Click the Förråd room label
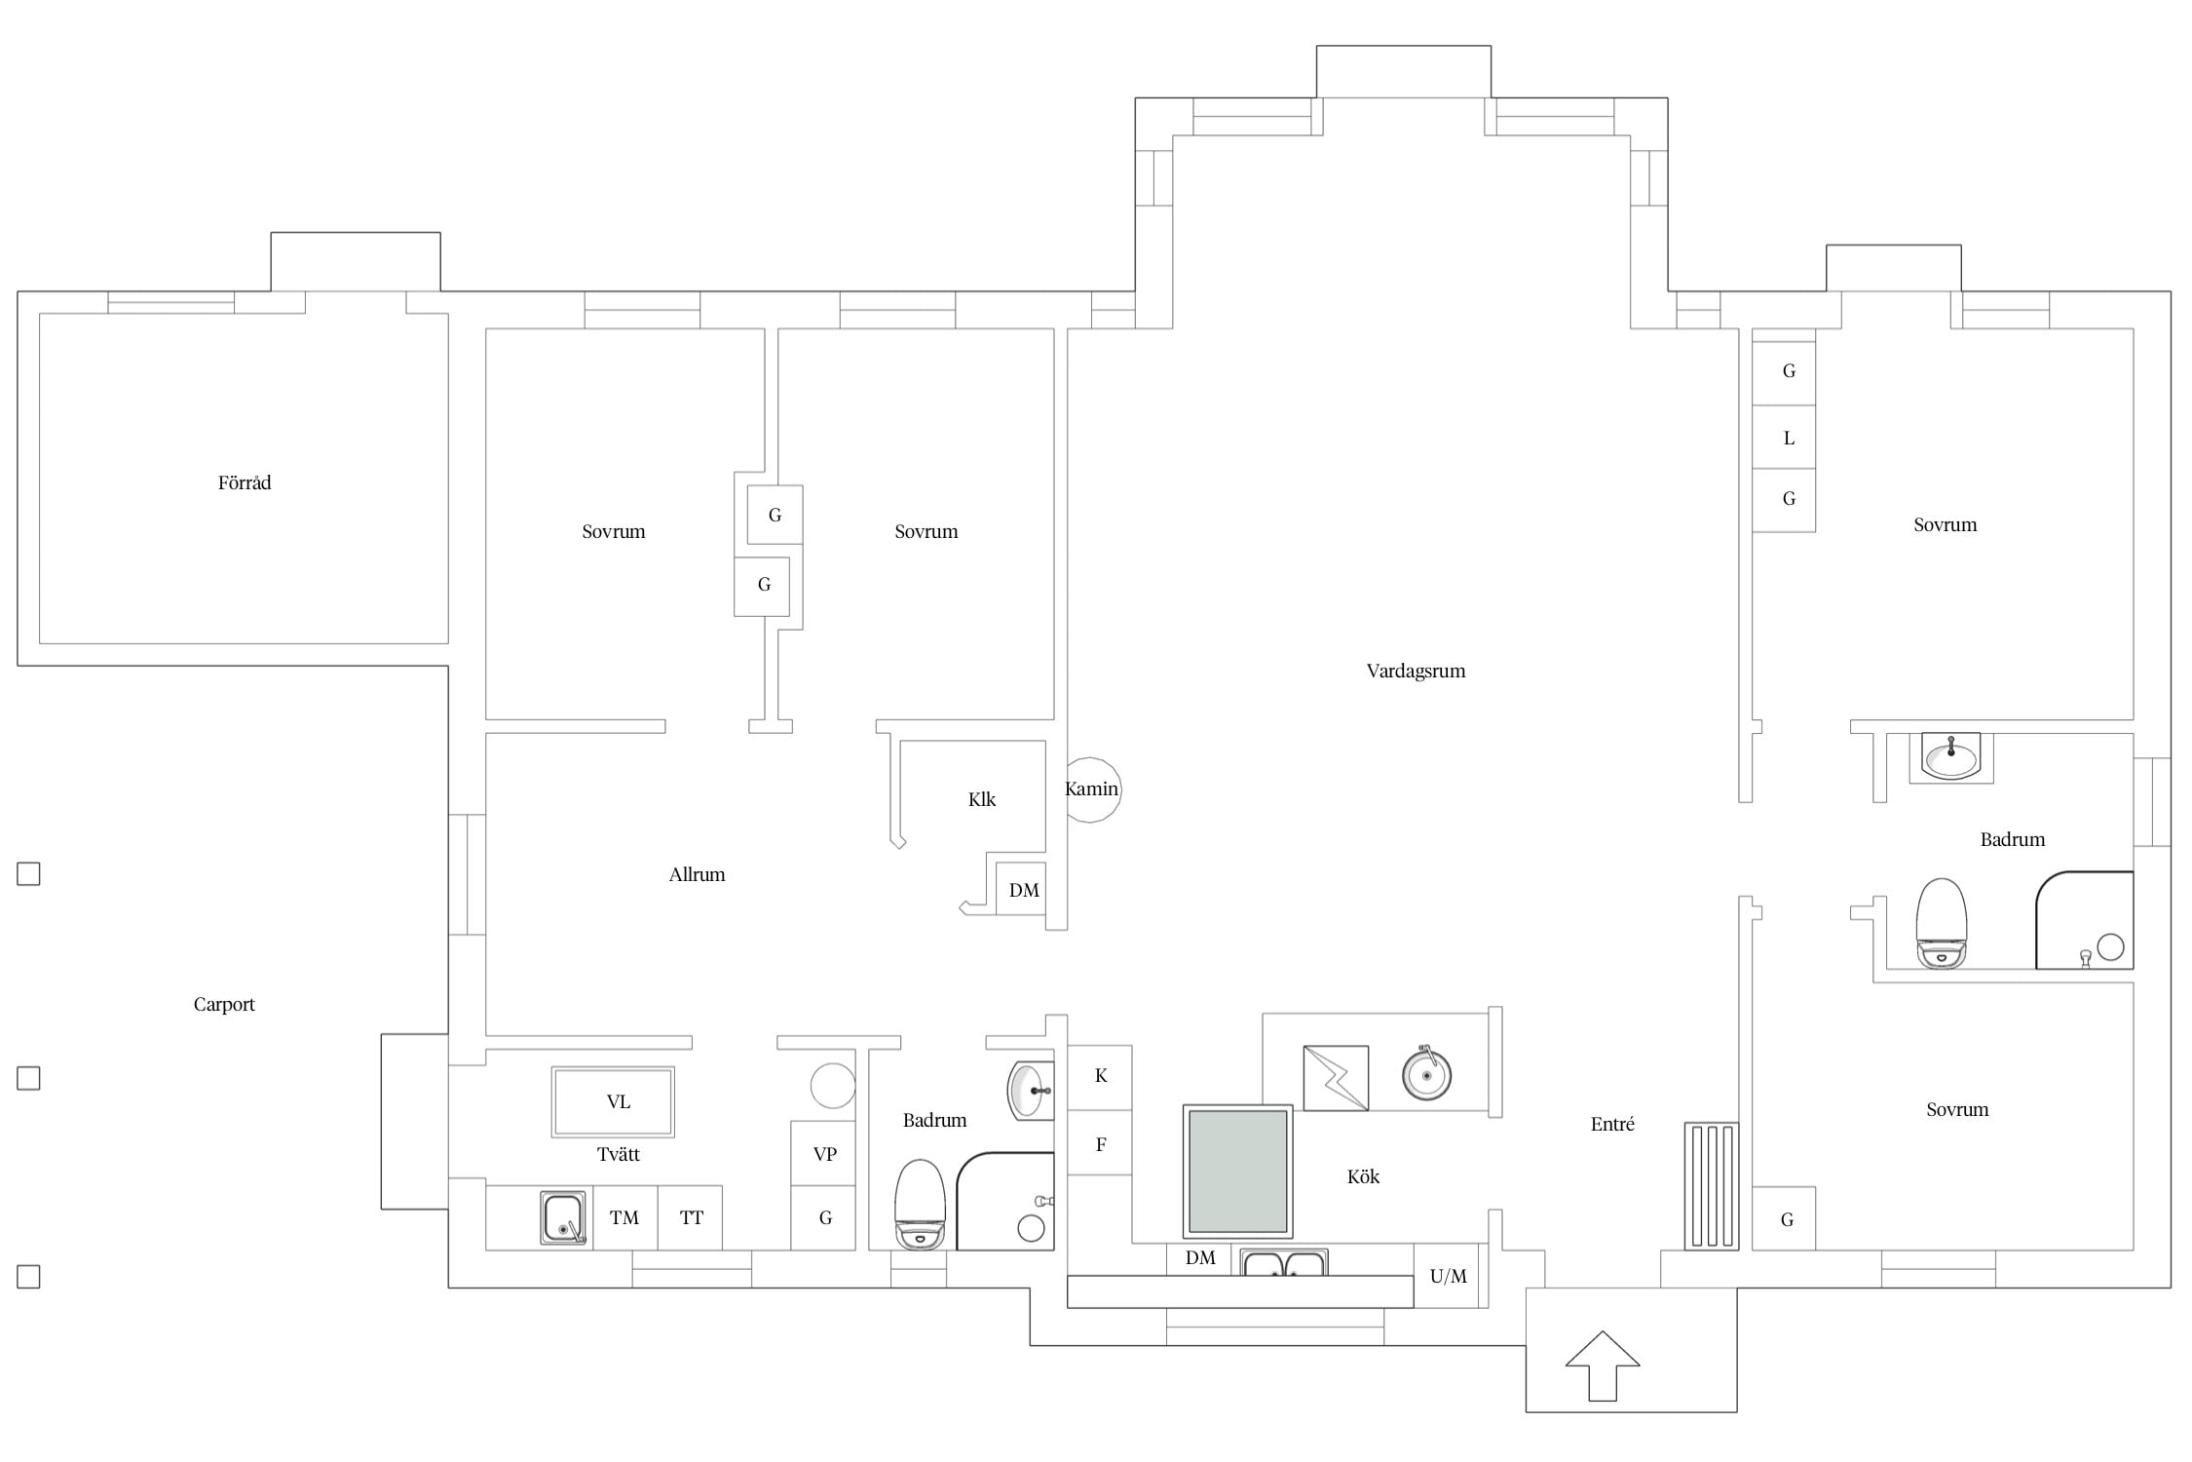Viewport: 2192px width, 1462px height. click(x=245, y=482)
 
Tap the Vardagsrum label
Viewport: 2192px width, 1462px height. click(x=1416, y=671)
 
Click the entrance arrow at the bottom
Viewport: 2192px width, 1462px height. click(x=1603, y=1366)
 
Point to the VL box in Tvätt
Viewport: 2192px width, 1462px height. click(x=613, y=1102)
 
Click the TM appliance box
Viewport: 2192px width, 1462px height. click(x=624, y=1217)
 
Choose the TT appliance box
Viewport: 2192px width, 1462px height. click(x=691, y=1217)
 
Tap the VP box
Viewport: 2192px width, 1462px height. click(x=823, y=1153)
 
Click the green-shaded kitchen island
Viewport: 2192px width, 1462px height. click(x=1238, y=1172)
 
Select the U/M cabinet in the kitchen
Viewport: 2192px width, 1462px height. click(x=1448, y=1276)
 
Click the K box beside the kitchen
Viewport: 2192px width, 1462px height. click(x=1100, y=1077)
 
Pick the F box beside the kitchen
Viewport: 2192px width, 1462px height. click(x=1100, y=1143)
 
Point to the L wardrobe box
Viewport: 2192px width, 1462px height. click(x=1784, y=438)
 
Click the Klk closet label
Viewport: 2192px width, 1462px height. click(x=982, y=799)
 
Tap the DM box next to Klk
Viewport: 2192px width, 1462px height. click(x=1021, y=889)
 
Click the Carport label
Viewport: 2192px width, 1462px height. click(x=224, y=1004)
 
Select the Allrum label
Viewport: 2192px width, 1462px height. click(x=697, y=874)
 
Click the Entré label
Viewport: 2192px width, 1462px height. click(x=1612, y=1124)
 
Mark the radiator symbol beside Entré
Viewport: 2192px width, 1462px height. click(x=1712, y=1186)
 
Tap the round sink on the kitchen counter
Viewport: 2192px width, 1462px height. click(x=1427, y=1074)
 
